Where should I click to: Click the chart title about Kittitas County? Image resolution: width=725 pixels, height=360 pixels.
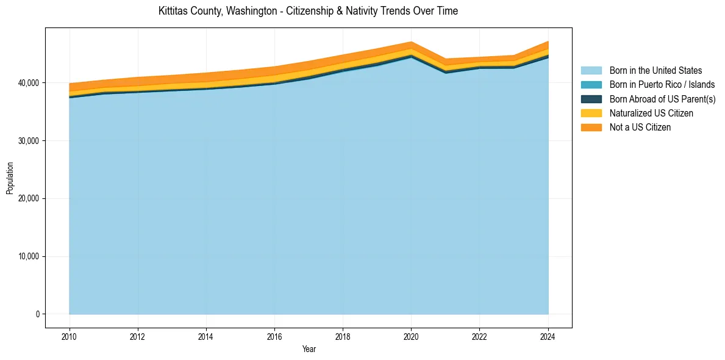point(308,11)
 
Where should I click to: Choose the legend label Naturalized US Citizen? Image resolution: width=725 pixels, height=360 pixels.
point(651,113)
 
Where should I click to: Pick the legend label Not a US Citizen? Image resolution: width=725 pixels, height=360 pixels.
point(640,127)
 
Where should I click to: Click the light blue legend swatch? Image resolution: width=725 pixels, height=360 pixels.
point(591,71)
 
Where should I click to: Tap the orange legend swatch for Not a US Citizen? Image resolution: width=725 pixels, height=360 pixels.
point(591,127)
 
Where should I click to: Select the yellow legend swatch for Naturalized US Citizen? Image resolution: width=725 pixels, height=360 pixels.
point(591,113)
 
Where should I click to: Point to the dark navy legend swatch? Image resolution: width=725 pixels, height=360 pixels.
point(591,99)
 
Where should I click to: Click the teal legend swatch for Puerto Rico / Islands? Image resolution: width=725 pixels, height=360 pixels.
point(591,85)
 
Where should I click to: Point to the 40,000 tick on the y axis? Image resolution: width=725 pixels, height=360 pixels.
point(28,83)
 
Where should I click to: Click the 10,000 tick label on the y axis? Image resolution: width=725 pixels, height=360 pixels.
point(28,256)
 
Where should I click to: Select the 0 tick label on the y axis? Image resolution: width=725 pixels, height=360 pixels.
point(37,314)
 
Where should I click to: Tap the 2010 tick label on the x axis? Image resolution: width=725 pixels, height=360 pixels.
point(70,336)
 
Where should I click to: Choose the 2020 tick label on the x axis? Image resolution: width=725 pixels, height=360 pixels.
point(412,336)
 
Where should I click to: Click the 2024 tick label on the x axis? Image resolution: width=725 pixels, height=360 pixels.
point(548,336)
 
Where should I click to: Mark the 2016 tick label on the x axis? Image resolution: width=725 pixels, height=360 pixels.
point(274,336)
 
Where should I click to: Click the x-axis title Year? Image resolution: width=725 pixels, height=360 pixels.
point(309,350)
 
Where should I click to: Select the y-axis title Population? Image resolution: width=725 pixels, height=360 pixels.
point(10,178)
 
